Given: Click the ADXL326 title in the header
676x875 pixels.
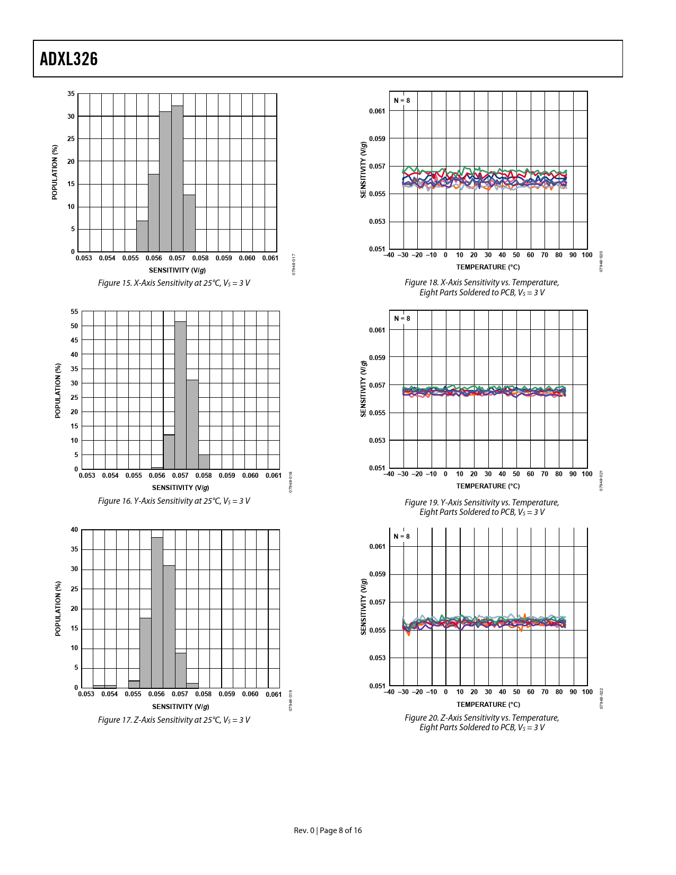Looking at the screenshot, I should coord(69,59).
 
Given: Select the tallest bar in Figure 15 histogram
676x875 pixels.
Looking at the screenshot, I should coord(177,178).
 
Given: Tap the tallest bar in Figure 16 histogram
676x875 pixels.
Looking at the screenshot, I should coord(180,395).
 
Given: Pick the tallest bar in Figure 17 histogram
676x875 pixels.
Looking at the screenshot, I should coord(157,612).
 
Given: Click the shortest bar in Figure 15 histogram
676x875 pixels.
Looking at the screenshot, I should coord(142,236).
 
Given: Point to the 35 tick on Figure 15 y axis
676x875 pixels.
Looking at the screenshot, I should coord(71,94).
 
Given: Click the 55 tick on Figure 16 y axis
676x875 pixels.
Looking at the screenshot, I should coord(74,312).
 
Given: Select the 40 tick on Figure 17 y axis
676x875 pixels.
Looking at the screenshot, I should coord(74,530).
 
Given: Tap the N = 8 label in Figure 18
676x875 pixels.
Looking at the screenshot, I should coord(402,100).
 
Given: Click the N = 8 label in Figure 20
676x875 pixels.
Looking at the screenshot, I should coord(402,537).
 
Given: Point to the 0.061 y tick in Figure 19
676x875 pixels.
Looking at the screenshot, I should coord(377,330).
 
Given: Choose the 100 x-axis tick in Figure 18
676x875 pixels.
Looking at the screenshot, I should coord(587,255).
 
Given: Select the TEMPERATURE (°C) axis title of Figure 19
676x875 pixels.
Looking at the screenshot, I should coord(488,486).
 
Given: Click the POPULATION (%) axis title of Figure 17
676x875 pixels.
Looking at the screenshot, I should coord(58,608).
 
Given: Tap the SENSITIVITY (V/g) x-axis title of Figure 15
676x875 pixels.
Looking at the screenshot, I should coord(177,270).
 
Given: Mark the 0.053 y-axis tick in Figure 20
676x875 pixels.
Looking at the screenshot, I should coord(377,658).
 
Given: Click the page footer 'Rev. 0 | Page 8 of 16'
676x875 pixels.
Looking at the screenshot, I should coord(328,830).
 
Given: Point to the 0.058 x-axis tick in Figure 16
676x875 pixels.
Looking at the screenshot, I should coord(204,476).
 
